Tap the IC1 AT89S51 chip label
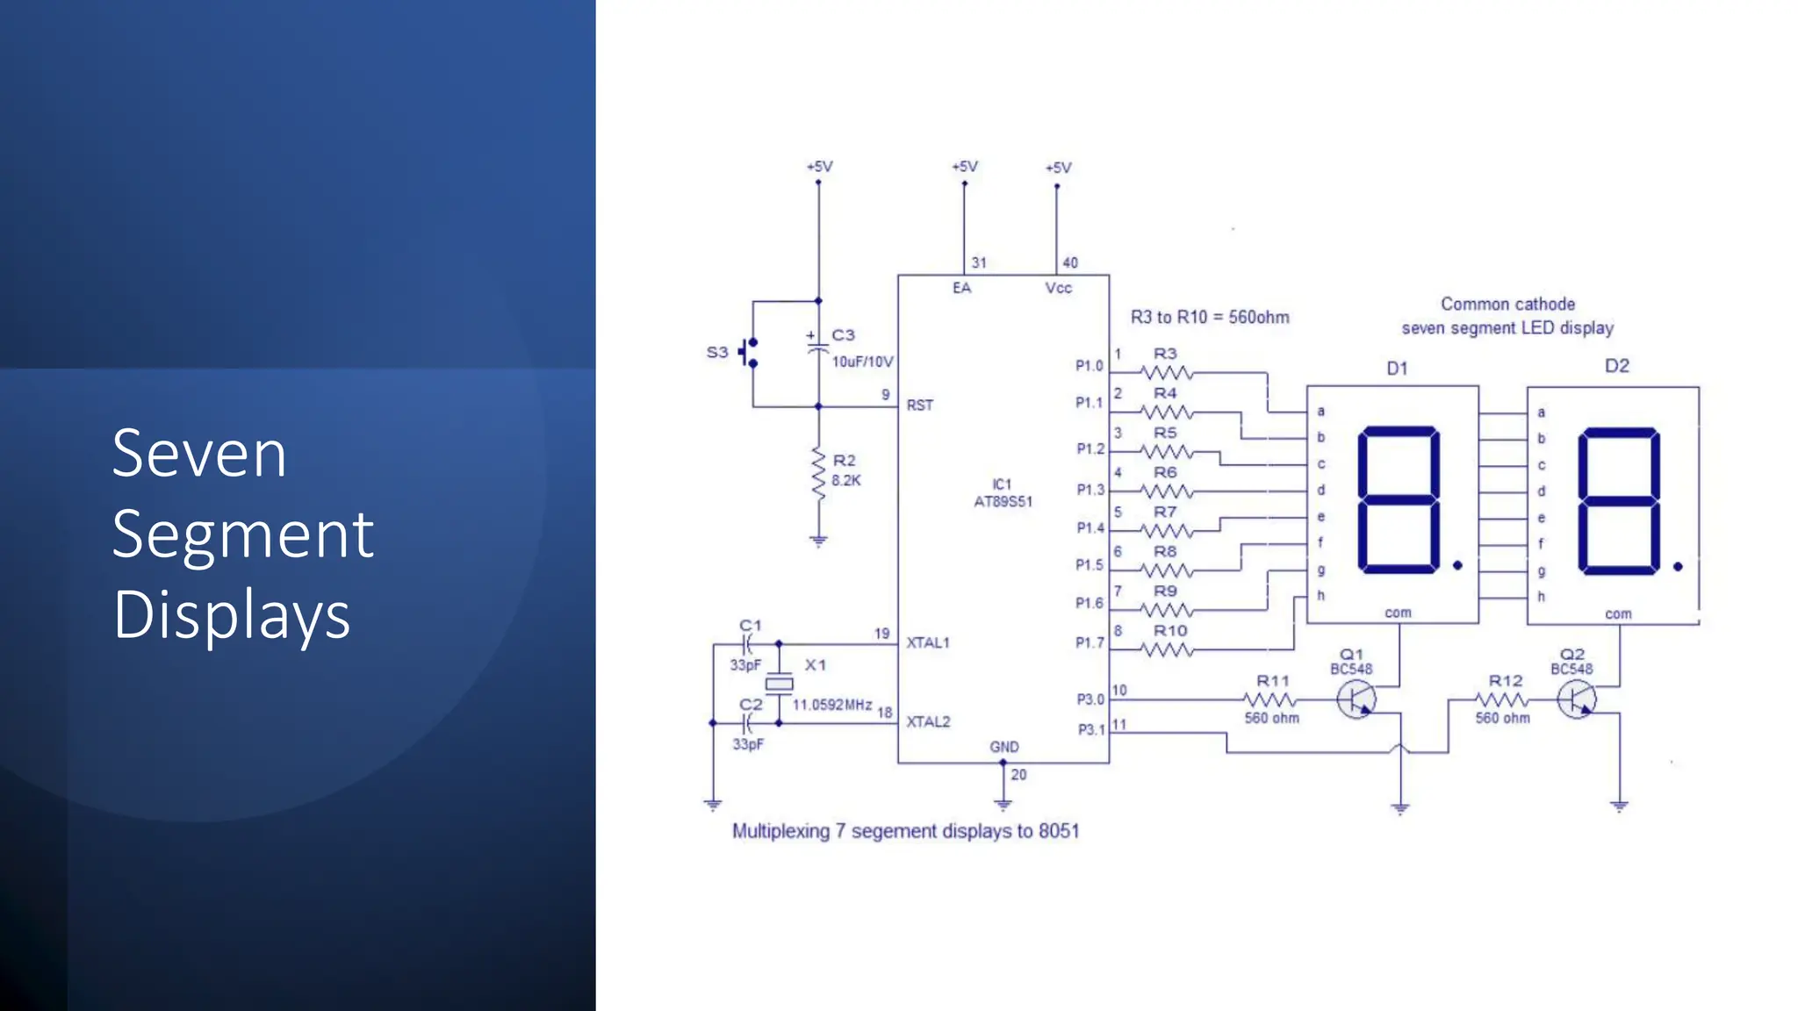1003,493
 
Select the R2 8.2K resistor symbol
818,475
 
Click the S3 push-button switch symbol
749,352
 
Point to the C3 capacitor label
843,335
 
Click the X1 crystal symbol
779,684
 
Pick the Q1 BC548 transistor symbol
1356,699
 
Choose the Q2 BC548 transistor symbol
1577,700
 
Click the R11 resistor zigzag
1270,699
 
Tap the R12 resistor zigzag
1502,700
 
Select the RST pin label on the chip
920,405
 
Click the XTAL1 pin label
928,642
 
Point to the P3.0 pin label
1090,699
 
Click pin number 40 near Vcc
1070,262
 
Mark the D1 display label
1397,369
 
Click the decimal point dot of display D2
1678,567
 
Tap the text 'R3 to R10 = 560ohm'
1210,318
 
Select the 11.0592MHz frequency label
832,705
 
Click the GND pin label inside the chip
1004,747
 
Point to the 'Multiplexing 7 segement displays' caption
905,831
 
